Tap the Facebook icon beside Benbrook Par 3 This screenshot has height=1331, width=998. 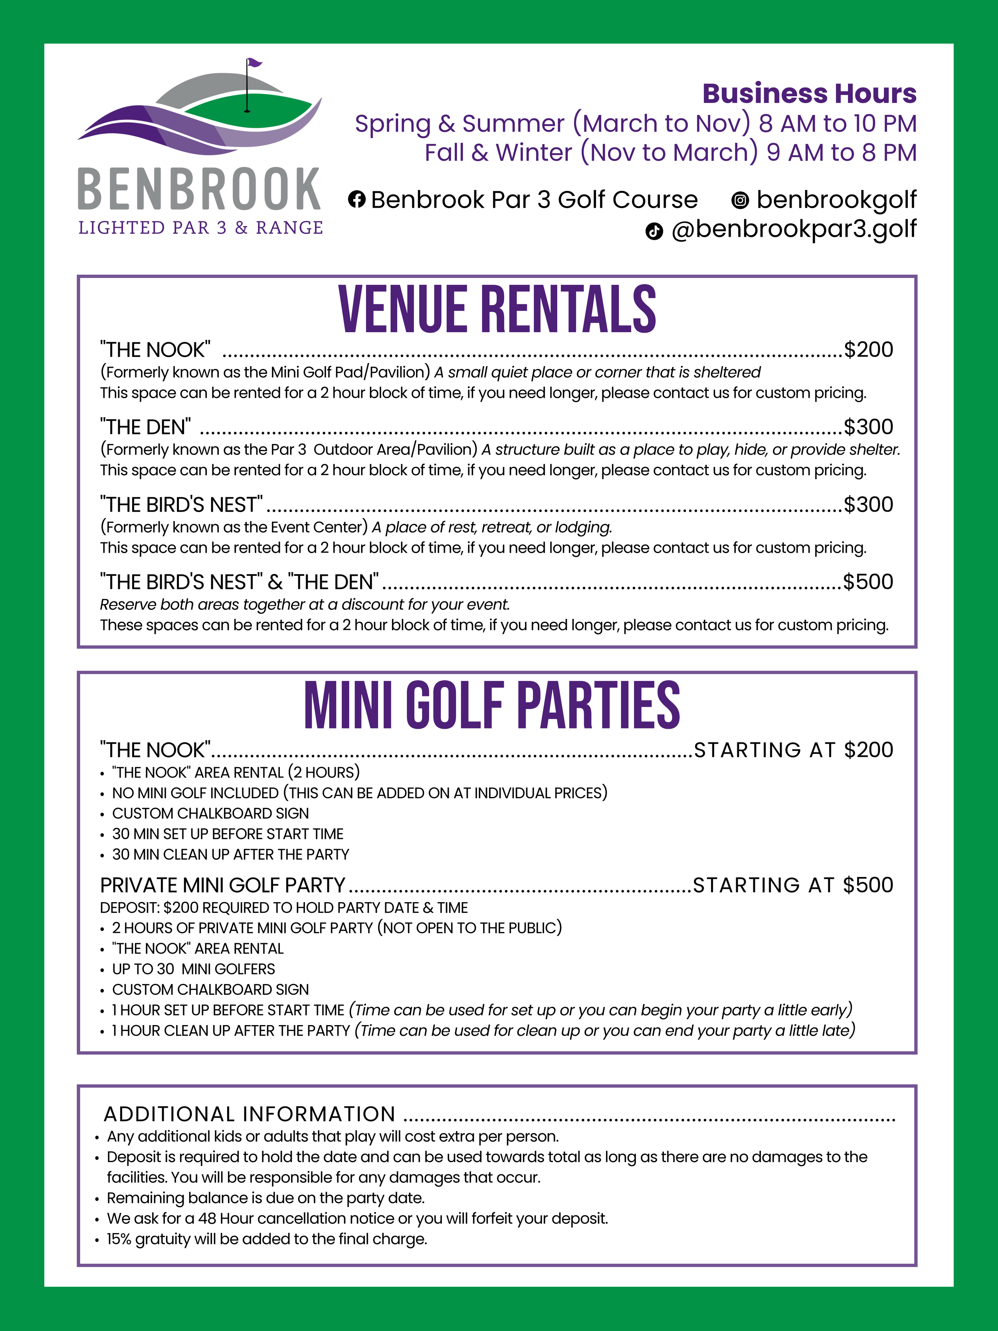357,199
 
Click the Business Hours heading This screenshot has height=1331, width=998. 809,94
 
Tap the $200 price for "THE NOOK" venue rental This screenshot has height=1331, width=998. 868,349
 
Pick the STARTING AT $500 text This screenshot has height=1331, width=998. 793,885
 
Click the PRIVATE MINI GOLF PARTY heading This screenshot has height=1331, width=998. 223,885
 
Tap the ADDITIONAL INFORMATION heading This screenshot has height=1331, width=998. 249,1114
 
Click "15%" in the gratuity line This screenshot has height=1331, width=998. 119,1239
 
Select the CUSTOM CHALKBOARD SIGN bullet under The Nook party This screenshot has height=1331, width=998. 210,813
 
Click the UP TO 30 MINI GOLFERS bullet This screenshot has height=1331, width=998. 193,969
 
